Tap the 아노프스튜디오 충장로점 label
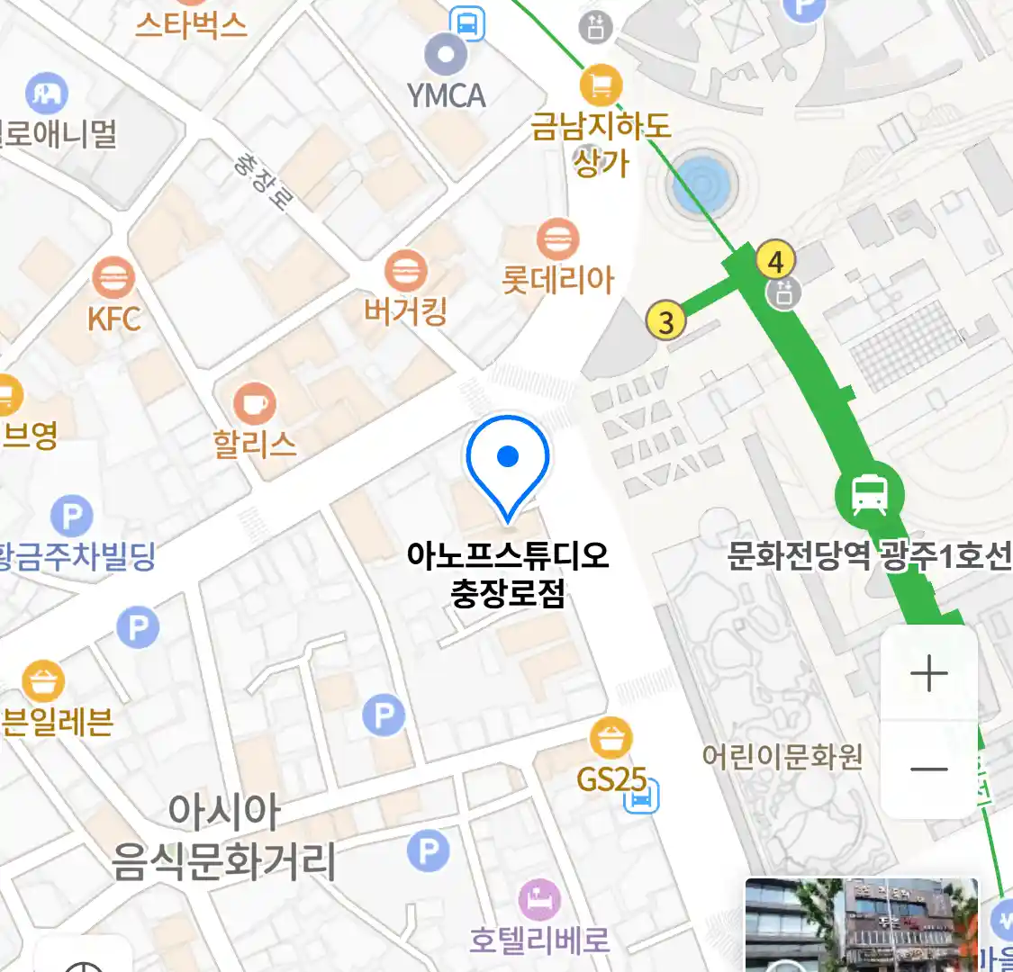pos(508,574)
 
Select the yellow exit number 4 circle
pos(775,261)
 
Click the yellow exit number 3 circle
pos(665,321)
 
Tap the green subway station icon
pos(869,494)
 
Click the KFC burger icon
pos(113,278)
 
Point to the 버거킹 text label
pos(405,312)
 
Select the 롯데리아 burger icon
pos(557,239)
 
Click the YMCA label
pos(446,95)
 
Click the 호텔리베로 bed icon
pos(539,898)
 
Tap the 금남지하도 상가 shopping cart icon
pos(601,86)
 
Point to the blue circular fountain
pos(702,185)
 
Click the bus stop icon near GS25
pos(642,796)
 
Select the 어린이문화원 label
pos(782,756)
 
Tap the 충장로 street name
pos(260,180)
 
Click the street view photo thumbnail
pos(860,924)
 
